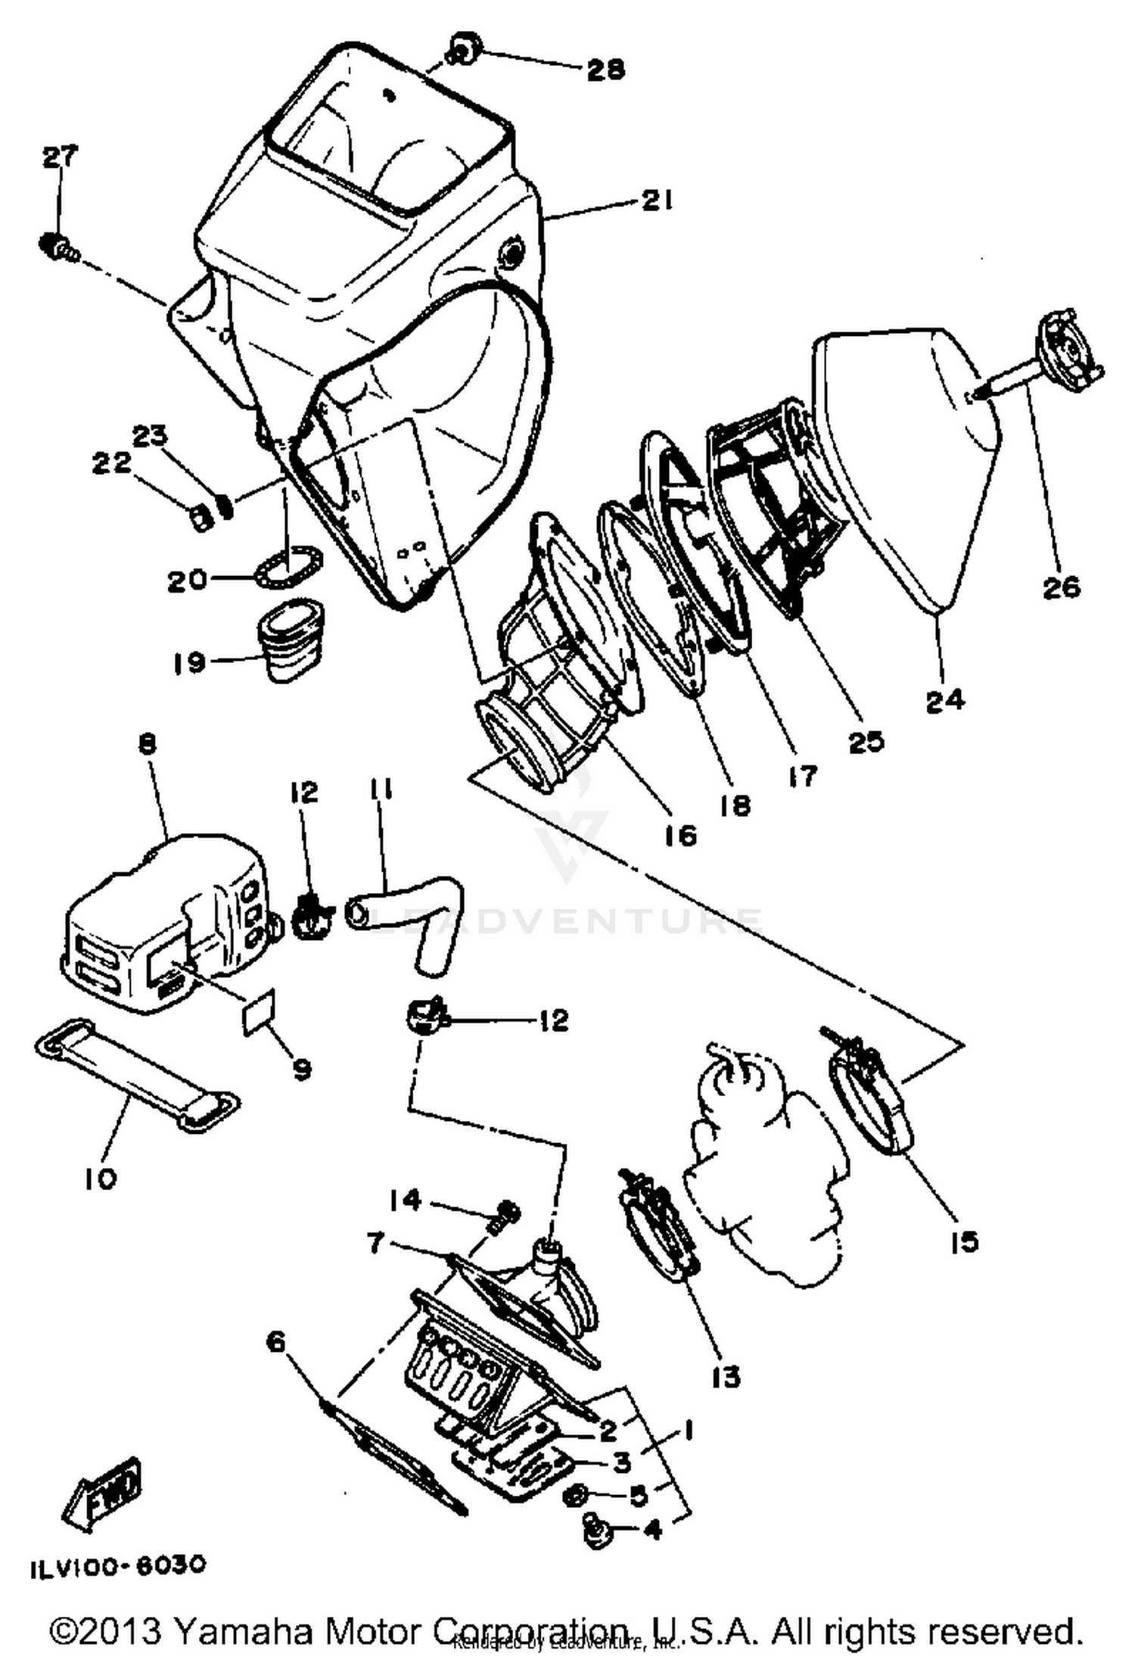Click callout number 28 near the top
[605, 70]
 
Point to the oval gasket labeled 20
[290, 567]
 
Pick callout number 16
[679, 836]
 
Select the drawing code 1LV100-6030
[118, 1565]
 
